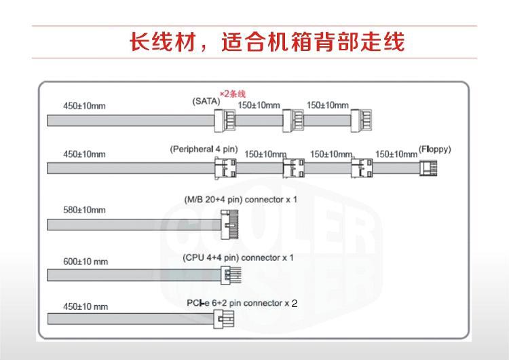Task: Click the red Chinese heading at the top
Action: pos(267,42)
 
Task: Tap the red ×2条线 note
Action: pos(232,93)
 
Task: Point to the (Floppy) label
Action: pos(435,149)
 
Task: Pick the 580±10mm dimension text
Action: pos(84,210)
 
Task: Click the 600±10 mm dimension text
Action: pos(86,261)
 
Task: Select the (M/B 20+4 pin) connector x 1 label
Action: pos(240,200)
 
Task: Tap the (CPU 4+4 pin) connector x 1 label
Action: pos(238,258)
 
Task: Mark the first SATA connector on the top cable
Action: pos(225,121)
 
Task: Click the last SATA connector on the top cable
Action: pos(362,121)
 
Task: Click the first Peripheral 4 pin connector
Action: pos(225,167)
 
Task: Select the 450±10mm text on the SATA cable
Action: pos(84,106)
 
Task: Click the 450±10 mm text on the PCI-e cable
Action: pos(86,306)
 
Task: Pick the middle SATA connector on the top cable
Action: pos(293,121)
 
